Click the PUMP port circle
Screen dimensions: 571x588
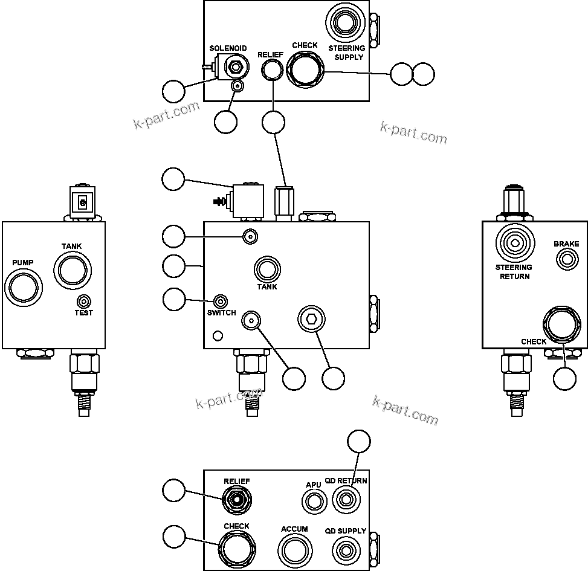(24, 286)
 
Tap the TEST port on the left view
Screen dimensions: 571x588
(84, 301)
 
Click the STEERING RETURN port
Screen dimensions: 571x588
(514, 243)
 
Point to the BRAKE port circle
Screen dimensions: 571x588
(566, 260)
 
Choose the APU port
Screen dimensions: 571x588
(314, 502)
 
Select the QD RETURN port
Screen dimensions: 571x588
(345, 500)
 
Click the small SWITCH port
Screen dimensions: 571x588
(221, 302)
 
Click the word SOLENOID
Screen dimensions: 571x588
(228, 48)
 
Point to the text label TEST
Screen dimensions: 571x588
(84, 313)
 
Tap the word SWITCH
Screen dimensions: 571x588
(221, 313)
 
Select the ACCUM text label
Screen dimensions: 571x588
(294, 529)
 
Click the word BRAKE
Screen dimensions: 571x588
(566, 245)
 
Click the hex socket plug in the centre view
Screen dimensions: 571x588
(311, 318)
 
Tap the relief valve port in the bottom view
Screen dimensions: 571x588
(236, 499)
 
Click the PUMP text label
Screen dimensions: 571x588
(23, 263)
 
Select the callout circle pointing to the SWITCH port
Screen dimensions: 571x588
(174, 298)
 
